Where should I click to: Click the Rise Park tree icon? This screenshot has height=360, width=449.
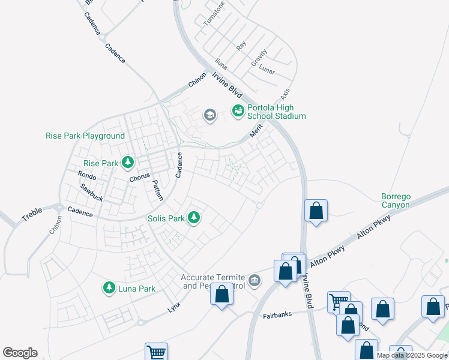[127, 162]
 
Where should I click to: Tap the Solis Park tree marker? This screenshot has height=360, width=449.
[193, 217]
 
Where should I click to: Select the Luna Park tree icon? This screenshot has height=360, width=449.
[109, 289]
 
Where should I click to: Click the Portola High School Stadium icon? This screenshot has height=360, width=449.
[238, 110]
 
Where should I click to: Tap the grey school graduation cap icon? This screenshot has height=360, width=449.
[209, 115]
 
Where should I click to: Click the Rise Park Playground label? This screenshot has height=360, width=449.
[85, 136]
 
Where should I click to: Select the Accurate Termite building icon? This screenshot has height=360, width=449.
[255, 280]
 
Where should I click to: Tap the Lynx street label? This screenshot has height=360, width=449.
[174, 306]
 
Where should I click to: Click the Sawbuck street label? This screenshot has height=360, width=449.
[91, 192]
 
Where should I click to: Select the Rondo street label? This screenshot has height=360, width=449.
[87, 175]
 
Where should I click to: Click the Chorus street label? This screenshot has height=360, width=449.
[139, 179]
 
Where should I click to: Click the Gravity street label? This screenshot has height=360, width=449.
[259, 58]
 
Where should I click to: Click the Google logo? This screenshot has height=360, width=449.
[20, 353]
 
